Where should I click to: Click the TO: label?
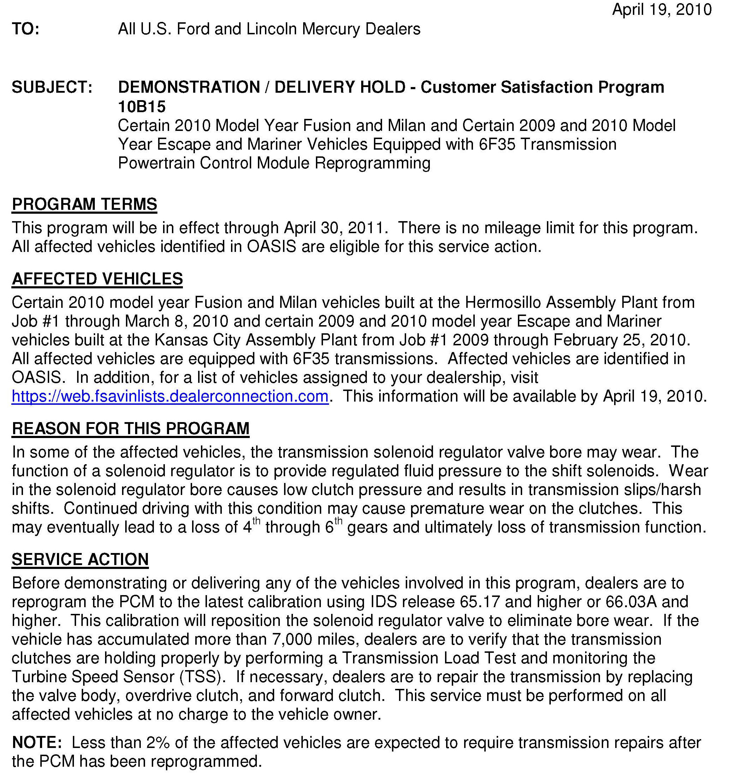coord(25,29)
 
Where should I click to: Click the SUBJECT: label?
coord(52,87)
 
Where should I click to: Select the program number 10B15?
coord(142,106)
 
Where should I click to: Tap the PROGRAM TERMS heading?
coord(84,205)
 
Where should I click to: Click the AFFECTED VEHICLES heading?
coord(97,279)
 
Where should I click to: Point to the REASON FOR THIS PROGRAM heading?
coord(131,428)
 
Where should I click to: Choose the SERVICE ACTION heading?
coord(80,559)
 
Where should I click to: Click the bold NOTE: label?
coord(37,742)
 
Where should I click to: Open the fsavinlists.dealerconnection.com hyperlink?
coord(170,396)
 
